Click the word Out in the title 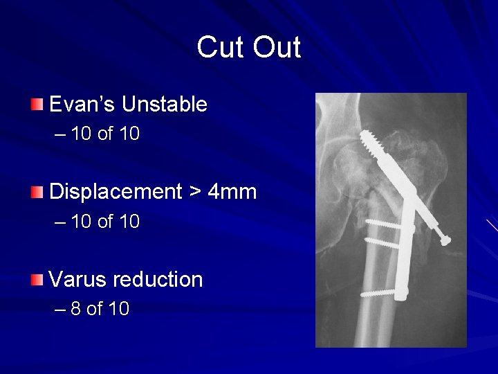(x=276, y=48)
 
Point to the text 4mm (x=232, y=192)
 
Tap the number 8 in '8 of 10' (x=75, y=309)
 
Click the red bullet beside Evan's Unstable (x=37, y=105)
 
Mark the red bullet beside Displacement (x=37, y=192)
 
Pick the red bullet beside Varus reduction (x=37, y=280)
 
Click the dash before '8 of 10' (x=59, y=310)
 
